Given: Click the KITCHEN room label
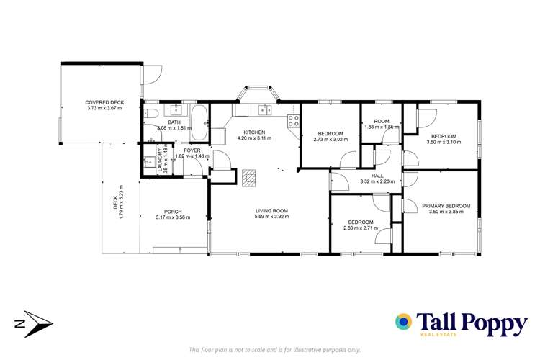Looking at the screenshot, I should point(254,132).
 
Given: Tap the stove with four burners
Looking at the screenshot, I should point(294,121).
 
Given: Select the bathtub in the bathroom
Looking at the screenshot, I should point(199,121).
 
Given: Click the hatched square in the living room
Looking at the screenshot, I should point(249,177).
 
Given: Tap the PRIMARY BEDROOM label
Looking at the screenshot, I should point(446,206).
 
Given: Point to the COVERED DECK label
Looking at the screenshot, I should point(105,102).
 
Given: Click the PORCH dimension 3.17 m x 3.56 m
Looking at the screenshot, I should point(173,217).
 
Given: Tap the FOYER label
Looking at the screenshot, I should point(192,150).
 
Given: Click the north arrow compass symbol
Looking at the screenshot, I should point(33,325).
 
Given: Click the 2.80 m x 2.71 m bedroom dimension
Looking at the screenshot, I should point(359,229).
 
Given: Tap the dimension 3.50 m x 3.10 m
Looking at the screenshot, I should point(444,143).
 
